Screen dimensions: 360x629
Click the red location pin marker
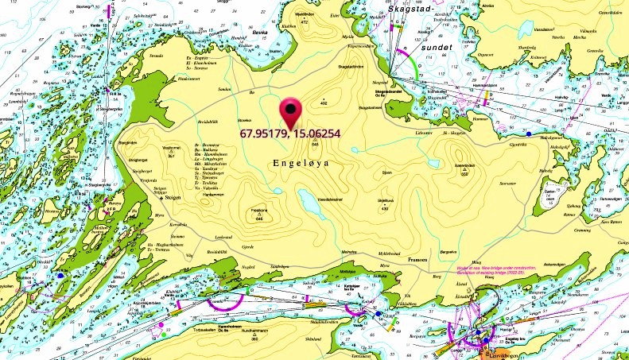(x=292, y=110)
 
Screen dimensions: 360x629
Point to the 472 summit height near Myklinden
(x=304, y=22)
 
